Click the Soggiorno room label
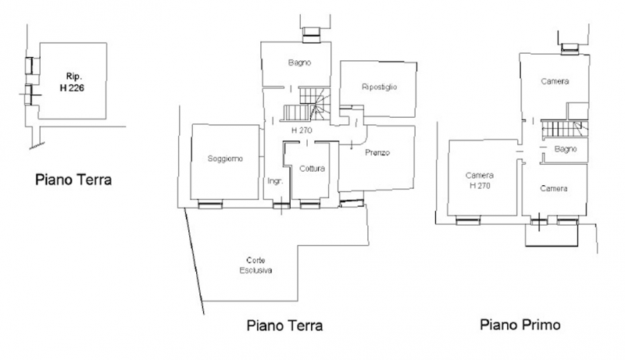(x=225, y=159)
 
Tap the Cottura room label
(x=312, y=169)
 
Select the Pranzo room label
(x=377, y=152)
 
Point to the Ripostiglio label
(x=379, y=87)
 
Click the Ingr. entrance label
(x=275, y=181)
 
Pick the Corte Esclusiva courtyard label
(x=255, y=266)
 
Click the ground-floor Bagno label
(x=299, y=62)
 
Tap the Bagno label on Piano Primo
(x=565, y=149)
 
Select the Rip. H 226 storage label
(x=72, y=82)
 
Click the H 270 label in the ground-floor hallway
(x=302, y=130)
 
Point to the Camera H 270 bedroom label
(x=480, y=180)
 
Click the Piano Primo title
(x=520, y=325)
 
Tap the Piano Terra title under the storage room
(x=73, y=180)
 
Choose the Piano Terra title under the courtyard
(x=284, y=326)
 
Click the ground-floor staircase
(x=307, y=104)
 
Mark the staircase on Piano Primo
(x=564, y=129)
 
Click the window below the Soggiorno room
(x=210, y=205)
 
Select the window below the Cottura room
(x=309, y=205)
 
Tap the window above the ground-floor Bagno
(x=311, y=34)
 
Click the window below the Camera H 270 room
(x=468, y=220)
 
